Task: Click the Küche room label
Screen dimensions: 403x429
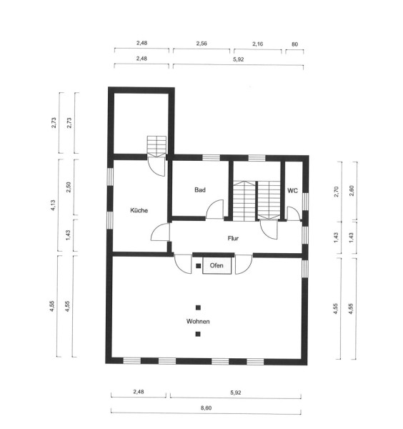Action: [x=139, y=210]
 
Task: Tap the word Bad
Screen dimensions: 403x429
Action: [x=200, y=190]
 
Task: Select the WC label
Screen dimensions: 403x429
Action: [x=292, y=191]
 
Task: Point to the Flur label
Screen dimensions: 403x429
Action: [x=233, y=238]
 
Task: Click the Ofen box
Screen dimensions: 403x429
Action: [x=217, y=265]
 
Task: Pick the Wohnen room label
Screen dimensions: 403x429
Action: [x=198, y=322]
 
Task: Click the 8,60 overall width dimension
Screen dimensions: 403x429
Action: [x=207, y=408]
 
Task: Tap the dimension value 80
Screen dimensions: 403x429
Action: [x=294, y=44]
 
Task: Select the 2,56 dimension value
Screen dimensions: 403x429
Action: [x=201, y=43]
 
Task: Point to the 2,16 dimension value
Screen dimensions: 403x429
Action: [x=257, y=44]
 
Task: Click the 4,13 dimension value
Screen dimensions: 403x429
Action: [x=53, y=205]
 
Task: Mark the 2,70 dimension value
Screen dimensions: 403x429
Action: [x=336, y=192]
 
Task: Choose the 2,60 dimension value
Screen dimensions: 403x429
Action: [x=352, y=191]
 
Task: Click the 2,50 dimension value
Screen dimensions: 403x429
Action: [x=69, y=187]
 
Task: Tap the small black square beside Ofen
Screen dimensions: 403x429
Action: [x=199, y=266]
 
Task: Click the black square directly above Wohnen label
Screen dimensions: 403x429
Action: [x=198, y=307]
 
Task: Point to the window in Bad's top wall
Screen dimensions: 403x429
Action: [x=211, y=158]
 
